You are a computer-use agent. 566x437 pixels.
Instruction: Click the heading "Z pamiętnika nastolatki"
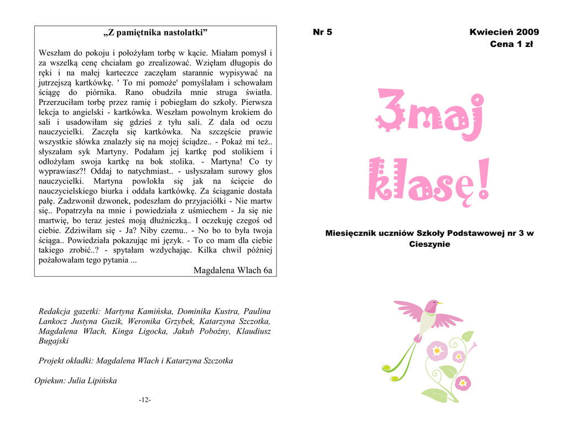tap(155, 33)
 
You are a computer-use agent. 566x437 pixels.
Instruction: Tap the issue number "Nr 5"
tap(322, 32)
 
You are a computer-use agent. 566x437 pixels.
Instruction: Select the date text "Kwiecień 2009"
tap(504, 32)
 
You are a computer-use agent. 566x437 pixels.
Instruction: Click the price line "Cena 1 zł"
tap(511, 44)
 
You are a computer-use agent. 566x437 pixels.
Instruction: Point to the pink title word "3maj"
tap(428, 118)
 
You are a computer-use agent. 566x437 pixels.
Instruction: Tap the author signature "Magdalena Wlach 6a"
tap(233, 270)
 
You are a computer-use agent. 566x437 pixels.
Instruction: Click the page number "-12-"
tap(145, 400)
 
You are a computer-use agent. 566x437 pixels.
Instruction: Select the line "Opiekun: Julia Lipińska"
tap(76, 381)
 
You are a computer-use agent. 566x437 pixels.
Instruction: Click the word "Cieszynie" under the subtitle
tap(430, 244)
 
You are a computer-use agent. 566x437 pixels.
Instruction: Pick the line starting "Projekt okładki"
tap(136, 361)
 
